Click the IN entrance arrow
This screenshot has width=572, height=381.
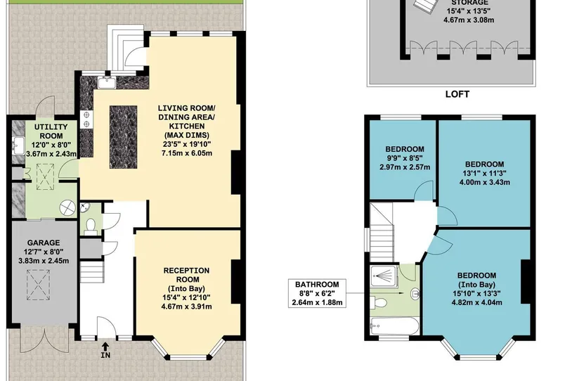(x=105, y=347)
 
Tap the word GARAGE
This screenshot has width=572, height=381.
(x=44, y=243)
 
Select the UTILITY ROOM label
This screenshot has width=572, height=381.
(x=51, y=131)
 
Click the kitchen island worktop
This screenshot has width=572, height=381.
(x=123, y=137)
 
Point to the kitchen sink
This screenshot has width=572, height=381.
(x=107, y=82)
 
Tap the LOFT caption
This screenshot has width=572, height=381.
(x=457, y=94)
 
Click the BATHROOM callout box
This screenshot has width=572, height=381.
(x=317, y=293)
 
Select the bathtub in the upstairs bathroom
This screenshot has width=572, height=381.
(x=394, y=326)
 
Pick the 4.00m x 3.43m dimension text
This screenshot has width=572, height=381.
(x=484, y=182)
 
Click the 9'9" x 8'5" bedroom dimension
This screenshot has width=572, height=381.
(x=405, y=158)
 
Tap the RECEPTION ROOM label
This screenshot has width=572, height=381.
(x=186, y=275)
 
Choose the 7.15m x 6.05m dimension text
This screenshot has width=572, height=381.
(x=186, y=153)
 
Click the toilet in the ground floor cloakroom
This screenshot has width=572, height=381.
(x=90, y=226)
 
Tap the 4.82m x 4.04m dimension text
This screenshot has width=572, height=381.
(x=476, y=302)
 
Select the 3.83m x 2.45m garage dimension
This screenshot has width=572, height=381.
(x=44, y=261)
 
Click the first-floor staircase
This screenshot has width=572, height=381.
(x=382, y=233)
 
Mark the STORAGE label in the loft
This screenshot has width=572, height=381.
(x=469, y=3)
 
